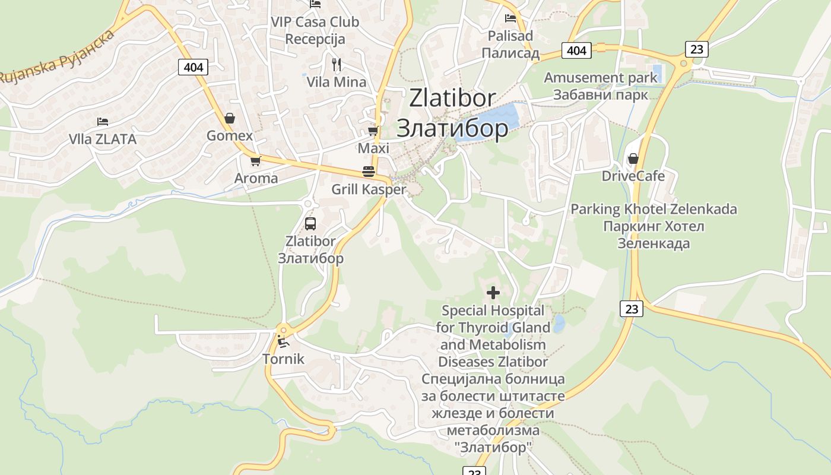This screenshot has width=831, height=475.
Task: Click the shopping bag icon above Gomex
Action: tap(230, 118)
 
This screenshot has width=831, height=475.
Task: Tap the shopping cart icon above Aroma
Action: tap(256, 161)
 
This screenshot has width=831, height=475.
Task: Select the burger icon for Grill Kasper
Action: tap(369, 172)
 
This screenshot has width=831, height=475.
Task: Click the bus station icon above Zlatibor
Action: tap(310, 224)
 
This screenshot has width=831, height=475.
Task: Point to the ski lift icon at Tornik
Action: tap(283, 341)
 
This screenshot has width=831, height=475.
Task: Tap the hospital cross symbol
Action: tap(493, 292)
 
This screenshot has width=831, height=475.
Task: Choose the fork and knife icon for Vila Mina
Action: tap(337, 64)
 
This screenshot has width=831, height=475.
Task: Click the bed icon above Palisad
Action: tap(510, 18)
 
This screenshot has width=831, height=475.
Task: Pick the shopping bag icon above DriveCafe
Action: tap(633, 159)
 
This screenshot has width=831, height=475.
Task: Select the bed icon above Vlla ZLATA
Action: tap(103, 122)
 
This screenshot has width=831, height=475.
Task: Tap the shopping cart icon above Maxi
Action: tap(373, 131)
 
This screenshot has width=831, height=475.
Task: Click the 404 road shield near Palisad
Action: tap(576, 50)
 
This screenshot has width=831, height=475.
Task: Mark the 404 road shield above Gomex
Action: tap(194, 67)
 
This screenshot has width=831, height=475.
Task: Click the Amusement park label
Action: tap(601, 78)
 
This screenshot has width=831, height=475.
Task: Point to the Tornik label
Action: tap(283, 359)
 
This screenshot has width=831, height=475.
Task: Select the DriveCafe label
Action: tap(633, 176)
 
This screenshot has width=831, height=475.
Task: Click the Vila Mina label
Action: tap(337, 82)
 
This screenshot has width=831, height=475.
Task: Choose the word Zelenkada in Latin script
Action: tap(705, 209)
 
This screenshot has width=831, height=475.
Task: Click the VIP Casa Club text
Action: tap(315, 22)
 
